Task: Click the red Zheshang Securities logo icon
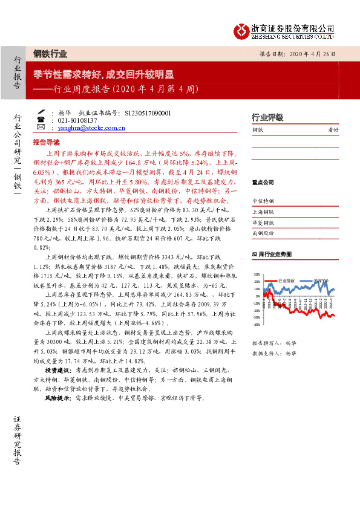pyautogui.click(x=241, y=31)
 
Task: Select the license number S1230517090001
pyautogui.click(x=148, y=113)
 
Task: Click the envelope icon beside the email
pyautogui.click(x=40, y=128)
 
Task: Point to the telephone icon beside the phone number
pyautogui.click(x=40, y=120)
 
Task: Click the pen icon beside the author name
pyautogui.click(x=40, y=112)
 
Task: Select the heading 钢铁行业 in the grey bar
pyautogui.click(x=46, y=53)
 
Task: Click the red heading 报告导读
pyautogui.click(x=46, y=142)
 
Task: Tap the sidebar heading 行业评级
pyautogui.click(x=267, y=117)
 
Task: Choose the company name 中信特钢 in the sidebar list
pyautogui.click(x=263, y=201)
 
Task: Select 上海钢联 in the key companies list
pyautogui.click(x=263, y=212)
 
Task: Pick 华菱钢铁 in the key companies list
pyautogui.click(x=263, y=222)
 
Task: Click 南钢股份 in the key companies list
pyautogui.click(x=263, y=233)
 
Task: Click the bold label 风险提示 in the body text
pyautogui.click(x=57, y=398)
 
